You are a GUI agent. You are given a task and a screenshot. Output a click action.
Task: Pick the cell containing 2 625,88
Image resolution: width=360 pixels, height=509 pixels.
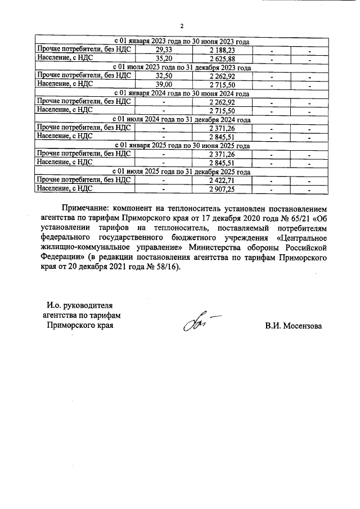point(222,58)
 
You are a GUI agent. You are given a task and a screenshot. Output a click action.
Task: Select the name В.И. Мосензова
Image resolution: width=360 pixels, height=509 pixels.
point(293,326)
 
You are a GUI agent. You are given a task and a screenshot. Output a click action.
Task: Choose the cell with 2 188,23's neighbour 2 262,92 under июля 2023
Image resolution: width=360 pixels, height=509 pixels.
point(222,75)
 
